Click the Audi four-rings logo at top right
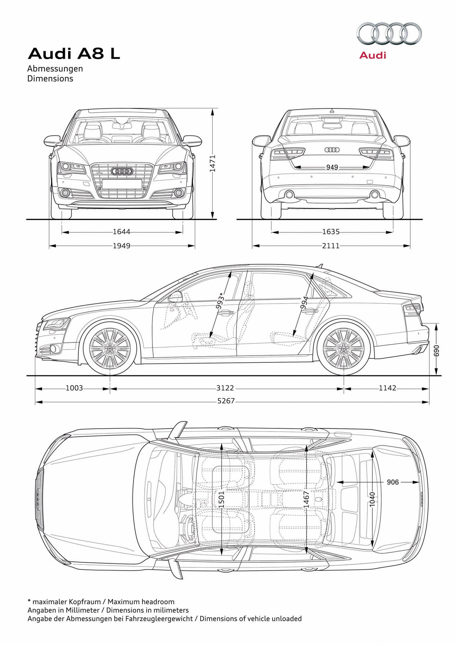click(389, 34)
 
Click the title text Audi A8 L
click(74, 54)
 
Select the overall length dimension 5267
click(226, 401)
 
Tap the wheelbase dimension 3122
click(226, 388)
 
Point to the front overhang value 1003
click(74, 388)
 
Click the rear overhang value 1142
click(388, 388)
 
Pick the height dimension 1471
click(213, 164)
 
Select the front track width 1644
click(121, 232)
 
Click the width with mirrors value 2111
click(331, 246)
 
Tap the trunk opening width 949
click(332, 167)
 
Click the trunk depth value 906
click(393, 482)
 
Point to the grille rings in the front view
click(122, 171)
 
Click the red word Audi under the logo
click(373, 55)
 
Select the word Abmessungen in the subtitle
click(55, 69)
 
